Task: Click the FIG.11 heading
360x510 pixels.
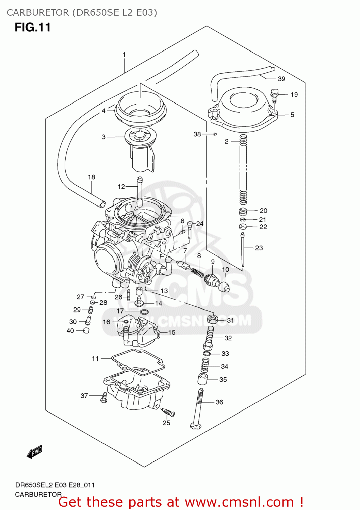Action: pyautogui.click(x=32, y=27)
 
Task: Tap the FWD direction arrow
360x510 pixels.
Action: pyautogui.click(x=34, y=452)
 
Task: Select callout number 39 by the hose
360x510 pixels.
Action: pyautogui.click(x=281, y=79)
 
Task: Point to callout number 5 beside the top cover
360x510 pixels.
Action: pyautogui.click(x=292, y=115)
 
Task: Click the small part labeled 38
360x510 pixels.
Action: pyautogui.click(x=215, y=134)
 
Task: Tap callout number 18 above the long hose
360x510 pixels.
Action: pyautogui.click(x=92, y=177)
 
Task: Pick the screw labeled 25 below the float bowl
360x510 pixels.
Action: pyautogui.click(x=168, y=412)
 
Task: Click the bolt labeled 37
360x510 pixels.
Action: pyautogui.click(x=104, y=397)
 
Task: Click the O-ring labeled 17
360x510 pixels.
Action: pyautogui.click(x=144, y=312)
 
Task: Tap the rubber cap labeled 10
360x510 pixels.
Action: pyautogui.click(x=224, y=287)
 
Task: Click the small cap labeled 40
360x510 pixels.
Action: pyautogui.click(x=86, y=330)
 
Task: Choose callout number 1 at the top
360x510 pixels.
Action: pyautogui.click(x=124, y=54)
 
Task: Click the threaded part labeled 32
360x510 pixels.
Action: pyautogui.click(x=209, y=337)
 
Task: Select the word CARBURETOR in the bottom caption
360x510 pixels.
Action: pyautogui.click(x=38, y=494)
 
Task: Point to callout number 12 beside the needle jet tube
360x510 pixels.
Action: pyautogui.click(x=121, y=186)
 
